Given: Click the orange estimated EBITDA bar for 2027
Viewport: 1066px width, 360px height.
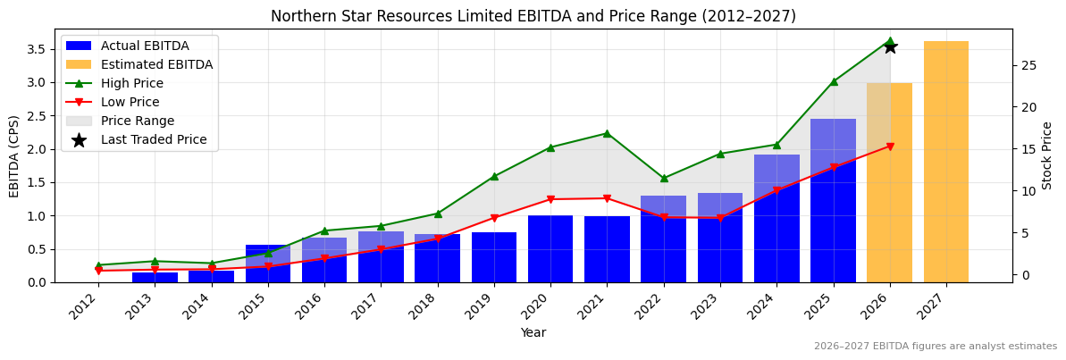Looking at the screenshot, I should click(945, 162).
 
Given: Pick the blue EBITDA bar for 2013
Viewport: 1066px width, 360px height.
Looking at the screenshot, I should click(155, 277).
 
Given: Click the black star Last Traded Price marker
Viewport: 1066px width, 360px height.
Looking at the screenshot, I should click(890, 46).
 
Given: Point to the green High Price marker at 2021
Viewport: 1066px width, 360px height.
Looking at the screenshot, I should click(607, 133).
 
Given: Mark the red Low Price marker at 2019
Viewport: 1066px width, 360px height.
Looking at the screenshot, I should click(494, 218).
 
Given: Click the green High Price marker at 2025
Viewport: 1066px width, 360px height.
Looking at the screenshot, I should click(834, 81).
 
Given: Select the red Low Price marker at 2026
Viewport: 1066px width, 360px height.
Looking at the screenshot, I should click(890, 147).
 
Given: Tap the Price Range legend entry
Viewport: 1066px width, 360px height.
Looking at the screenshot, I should click(138, 121).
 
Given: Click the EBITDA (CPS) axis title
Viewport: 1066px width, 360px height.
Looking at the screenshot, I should click(14, 155).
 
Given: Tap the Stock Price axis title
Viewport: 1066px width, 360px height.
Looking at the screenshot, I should click(1047, 155).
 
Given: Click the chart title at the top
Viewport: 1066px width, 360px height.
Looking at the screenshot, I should click(533, 16).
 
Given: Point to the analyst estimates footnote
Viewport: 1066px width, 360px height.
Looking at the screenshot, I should click(935, 347).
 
